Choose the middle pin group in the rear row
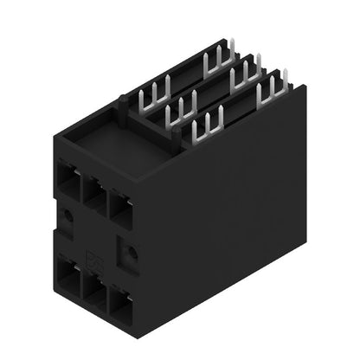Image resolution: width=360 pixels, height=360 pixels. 246,74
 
